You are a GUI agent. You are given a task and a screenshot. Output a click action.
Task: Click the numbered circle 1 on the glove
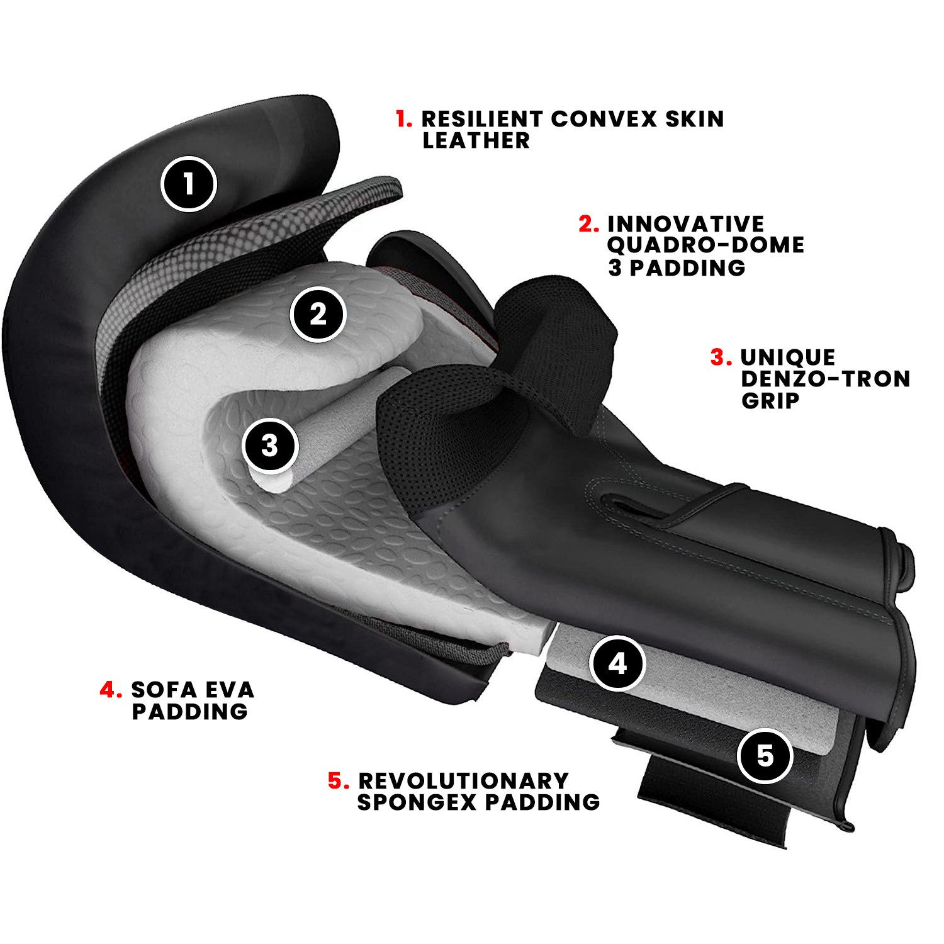pyautogui.click(x=189, y=184)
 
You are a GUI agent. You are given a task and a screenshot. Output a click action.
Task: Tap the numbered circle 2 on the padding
pyautogui.click(x=318, y=314)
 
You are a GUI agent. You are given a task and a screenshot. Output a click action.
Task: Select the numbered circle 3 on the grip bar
pyautogui.click(x=270, y=446)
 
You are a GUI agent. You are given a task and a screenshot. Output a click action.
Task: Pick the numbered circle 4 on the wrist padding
pyautogui.click(x=618, y=663)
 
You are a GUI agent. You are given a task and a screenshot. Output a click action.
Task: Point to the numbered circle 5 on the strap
pyautogui.click(x=765, y=755)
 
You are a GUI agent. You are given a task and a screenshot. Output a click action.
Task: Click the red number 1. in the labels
pyautogui.click(x=404, y=118)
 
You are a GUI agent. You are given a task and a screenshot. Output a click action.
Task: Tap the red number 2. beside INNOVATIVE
pyautogui.click(x=589, y=224)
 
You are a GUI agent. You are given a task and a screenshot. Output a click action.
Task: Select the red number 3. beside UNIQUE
pyautogui.click(x=721, y=357)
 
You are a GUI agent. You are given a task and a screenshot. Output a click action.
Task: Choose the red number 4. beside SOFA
pyautogui.click(x=111, y=690)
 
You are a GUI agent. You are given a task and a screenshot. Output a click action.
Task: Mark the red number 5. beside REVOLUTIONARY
pyautogui.click(x=339, y=781)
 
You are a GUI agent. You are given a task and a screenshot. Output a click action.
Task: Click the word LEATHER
pyautogui.click(x=476, y=140)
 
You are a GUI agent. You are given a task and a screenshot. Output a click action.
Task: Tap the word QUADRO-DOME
pyautogui.click(x=705, y=245)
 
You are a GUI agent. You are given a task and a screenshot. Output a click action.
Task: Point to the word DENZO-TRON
pyautogui.click(x=826, y=379)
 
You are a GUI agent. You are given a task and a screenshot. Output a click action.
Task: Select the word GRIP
pyautogui.click(x=770, y=400)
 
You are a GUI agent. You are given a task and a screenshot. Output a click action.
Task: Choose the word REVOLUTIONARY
pyautogui.click(x=464, y=781)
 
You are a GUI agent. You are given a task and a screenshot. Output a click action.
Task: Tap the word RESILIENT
pyautogui.click(x=482, y=118)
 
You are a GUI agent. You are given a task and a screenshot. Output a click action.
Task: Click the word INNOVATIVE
pyautogui.click(x=686, y=224)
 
